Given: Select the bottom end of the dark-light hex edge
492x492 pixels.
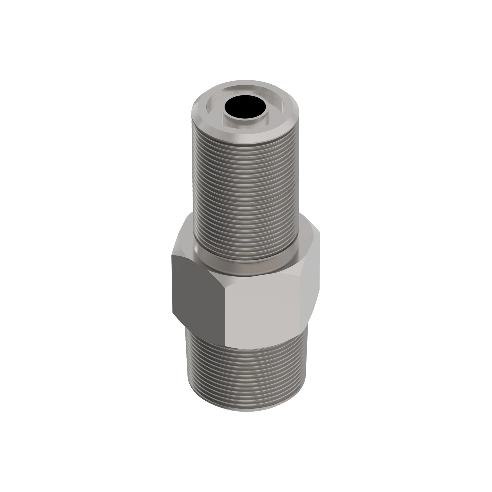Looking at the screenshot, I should (225, 345).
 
